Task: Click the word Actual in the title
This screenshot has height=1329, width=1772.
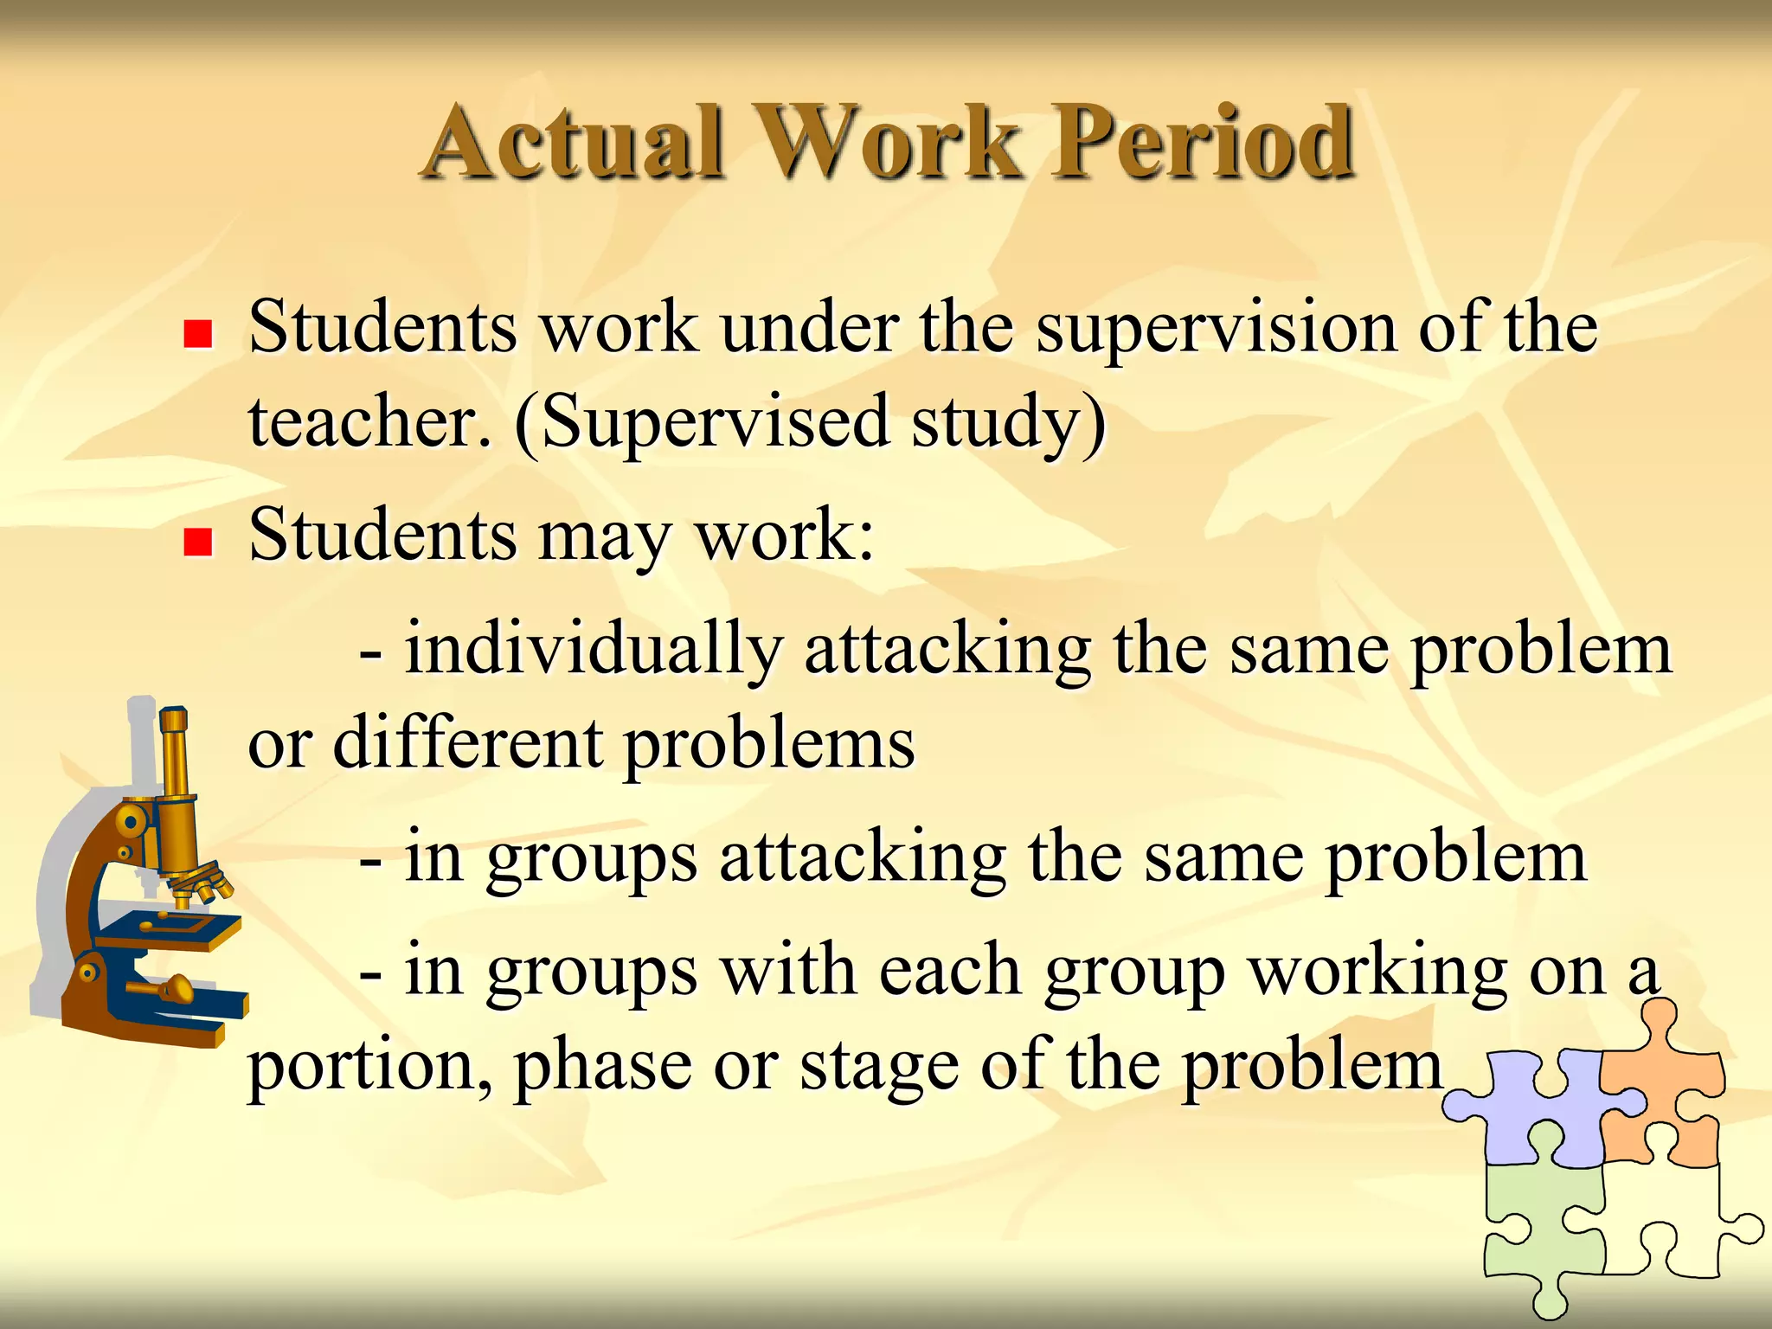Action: tap(575, 143)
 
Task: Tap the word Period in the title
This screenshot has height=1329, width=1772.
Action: tap(1203, 143)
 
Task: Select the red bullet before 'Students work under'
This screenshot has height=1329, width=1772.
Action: tap(198, 334)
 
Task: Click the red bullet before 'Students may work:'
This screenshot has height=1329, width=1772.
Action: tap(198, 543)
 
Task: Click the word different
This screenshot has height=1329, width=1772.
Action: tap(468, 744)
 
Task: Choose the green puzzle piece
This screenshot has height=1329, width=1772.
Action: tap(1540, 1229)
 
